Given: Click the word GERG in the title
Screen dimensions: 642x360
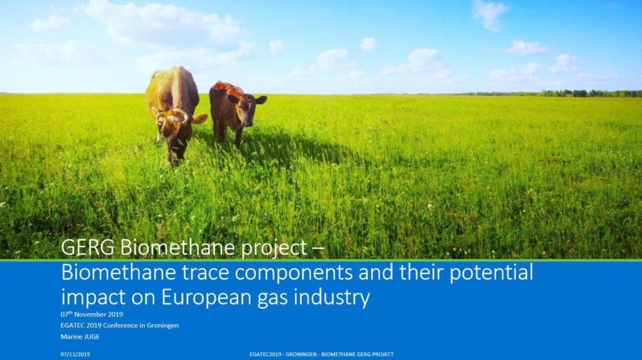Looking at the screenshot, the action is [x=88, y=247].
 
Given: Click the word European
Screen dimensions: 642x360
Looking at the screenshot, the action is [x=207, y=298].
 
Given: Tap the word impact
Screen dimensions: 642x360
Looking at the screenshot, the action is [x=93, y=298].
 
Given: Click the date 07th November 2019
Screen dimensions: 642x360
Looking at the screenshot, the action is [x=92, y=315].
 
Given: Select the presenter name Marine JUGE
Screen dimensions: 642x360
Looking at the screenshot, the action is [x=80, y=337].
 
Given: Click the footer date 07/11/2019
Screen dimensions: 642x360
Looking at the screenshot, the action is [x=75, y=354].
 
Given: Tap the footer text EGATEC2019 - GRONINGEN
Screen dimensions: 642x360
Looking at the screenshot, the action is [x=283, y=354].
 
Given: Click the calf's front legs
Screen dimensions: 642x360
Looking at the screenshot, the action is [x=230, y=133].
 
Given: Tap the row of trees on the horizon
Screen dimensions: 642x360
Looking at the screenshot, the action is [x=565, y=93].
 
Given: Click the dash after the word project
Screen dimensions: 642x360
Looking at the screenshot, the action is [x=318, y=248].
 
